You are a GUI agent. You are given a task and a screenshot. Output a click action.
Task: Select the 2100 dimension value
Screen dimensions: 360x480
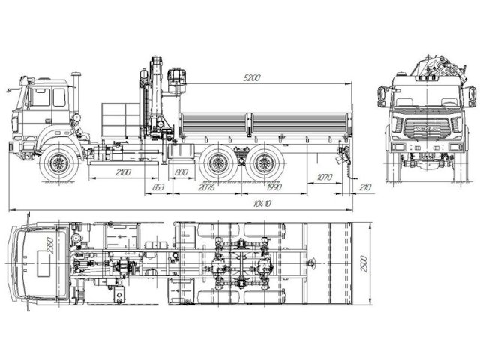(124, 173)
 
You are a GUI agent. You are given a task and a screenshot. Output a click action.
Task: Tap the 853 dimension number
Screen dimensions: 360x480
(158, 187)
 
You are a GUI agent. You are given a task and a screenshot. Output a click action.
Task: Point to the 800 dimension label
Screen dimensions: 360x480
(181, 173)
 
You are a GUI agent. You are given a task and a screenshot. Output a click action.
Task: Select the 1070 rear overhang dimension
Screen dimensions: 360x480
(324, 177)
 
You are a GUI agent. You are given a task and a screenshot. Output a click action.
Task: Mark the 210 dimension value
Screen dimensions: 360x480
(365, 187)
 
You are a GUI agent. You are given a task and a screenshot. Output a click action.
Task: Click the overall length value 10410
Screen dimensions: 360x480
(262, 203)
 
